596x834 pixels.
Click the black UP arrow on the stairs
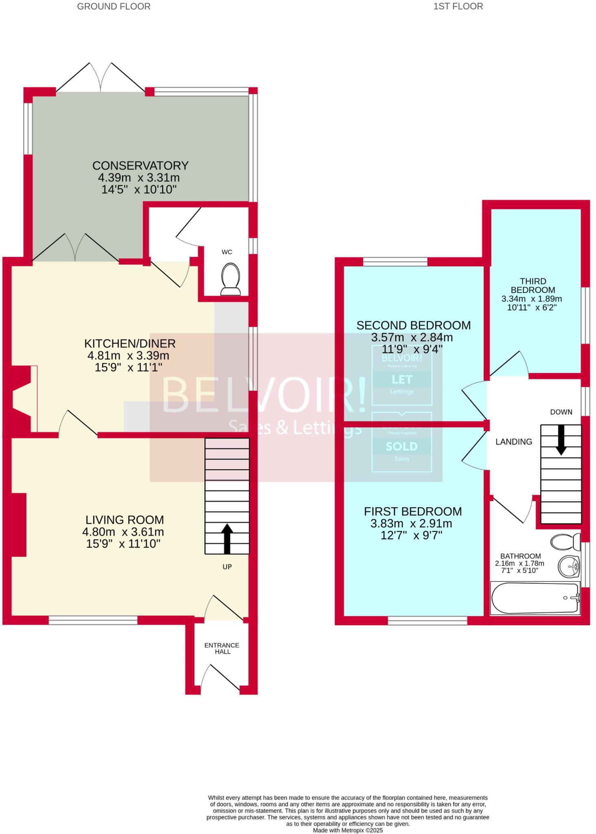tap(227, 539)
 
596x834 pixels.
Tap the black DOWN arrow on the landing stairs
tap(561, 440)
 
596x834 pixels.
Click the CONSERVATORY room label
tap(140, 166)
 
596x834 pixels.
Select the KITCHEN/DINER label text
tap(130, 344)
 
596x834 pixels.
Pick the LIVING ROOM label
tap(125, 520)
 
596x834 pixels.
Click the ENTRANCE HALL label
tap(222, 648)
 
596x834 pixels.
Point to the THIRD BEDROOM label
tap(533, 285)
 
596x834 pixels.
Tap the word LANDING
tap(513, 442)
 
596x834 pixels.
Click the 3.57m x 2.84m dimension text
tap(412, 338)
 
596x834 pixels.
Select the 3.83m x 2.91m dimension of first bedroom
tap(411, 524)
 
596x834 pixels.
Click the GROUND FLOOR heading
tap(114, 7)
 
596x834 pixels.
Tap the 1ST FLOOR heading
tap(458, 7)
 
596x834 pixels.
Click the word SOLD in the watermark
tap(401, 447)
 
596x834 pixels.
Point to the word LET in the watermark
tap(402, 380)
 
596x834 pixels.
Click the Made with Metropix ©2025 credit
tap(348, 830)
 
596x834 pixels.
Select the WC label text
tap(227, 252)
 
